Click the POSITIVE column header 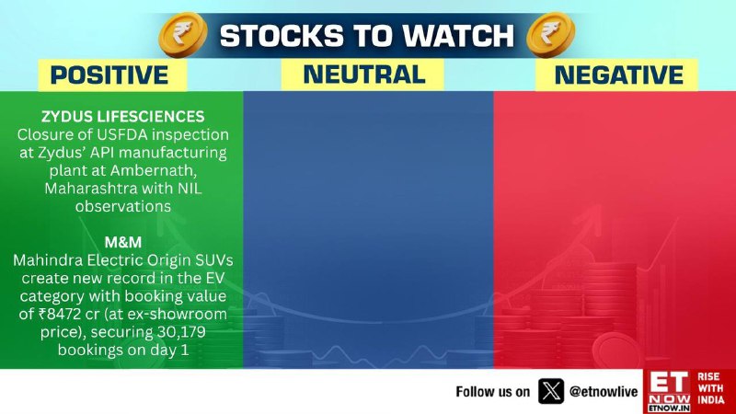pos(109,75)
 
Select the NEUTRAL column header pos(364,75)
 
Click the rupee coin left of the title pos(183,35)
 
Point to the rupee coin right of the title pos(550,35)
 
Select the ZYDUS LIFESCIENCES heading pos(123,117)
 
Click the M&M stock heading pos(123,242)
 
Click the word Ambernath pos(154,170)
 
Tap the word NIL pos(190,189)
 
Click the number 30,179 pos(180,332)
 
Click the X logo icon pos(551,391)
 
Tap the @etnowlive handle pos(604,392)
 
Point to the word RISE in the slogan pos(708,376)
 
